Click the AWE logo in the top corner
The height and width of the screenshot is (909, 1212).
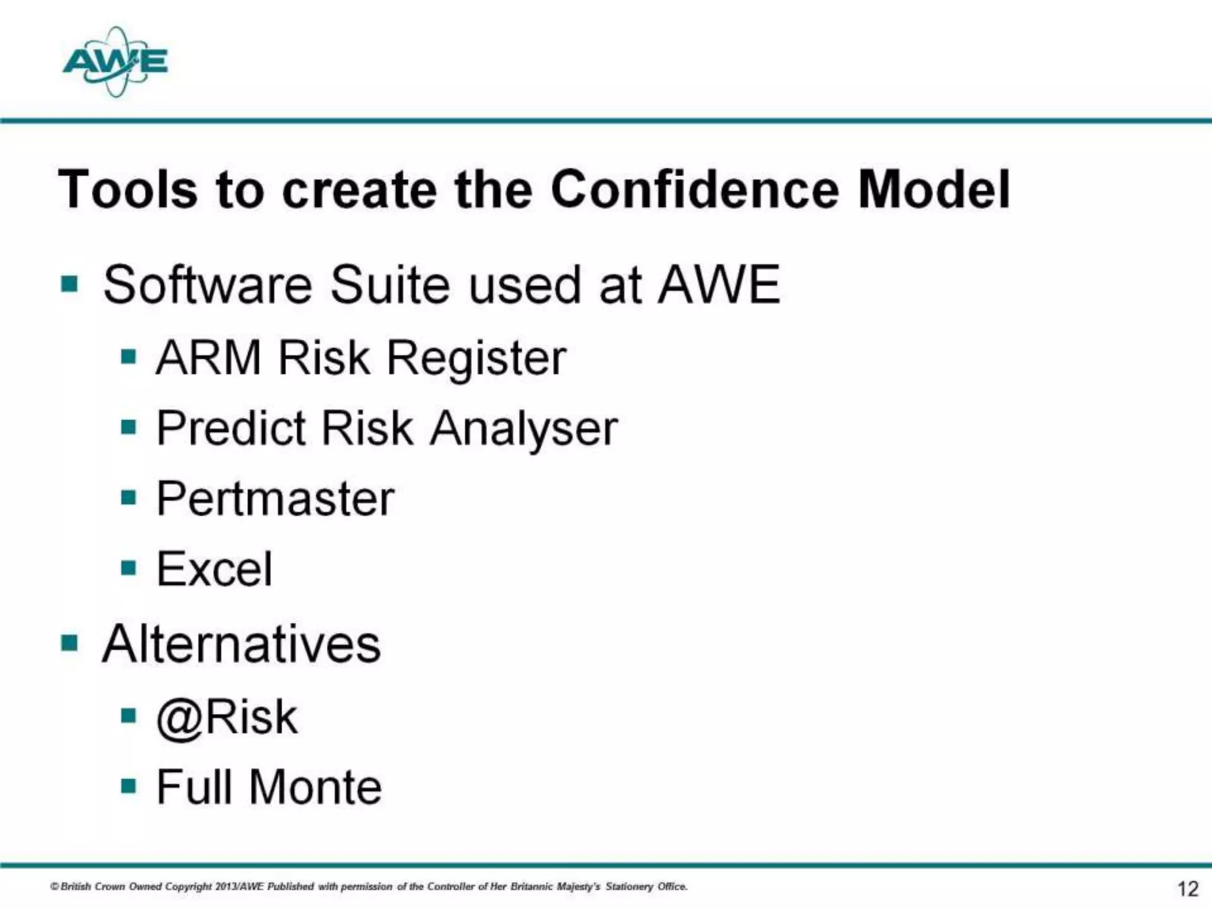click(x=115, y=62)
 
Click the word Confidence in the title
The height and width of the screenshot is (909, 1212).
click(x=695, y=189)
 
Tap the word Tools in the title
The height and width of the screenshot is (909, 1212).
click(x=127, y=189)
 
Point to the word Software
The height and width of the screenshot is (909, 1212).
click(x=207, y=285)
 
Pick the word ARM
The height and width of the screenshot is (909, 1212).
click(x=208, y=358)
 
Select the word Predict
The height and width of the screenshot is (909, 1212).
click(x=231, y=428)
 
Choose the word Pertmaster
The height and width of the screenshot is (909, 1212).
click(x=275, y=499)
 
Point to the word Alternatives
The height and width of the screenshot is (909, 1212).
click(x=241, y=644)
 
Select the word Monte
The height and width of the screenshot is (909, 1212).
click(x=315, y=787)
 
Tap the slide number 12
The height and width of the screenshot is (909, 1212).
click(x=1187, y=888)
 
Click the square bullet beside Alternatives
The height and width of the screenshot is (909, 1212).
click(x=69, y=642)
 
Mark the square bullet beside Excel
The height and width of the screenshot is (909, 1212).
click(x=128, y=568)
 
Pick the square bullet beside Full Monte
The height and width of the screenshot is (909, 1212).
click(x=128, y=786)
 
